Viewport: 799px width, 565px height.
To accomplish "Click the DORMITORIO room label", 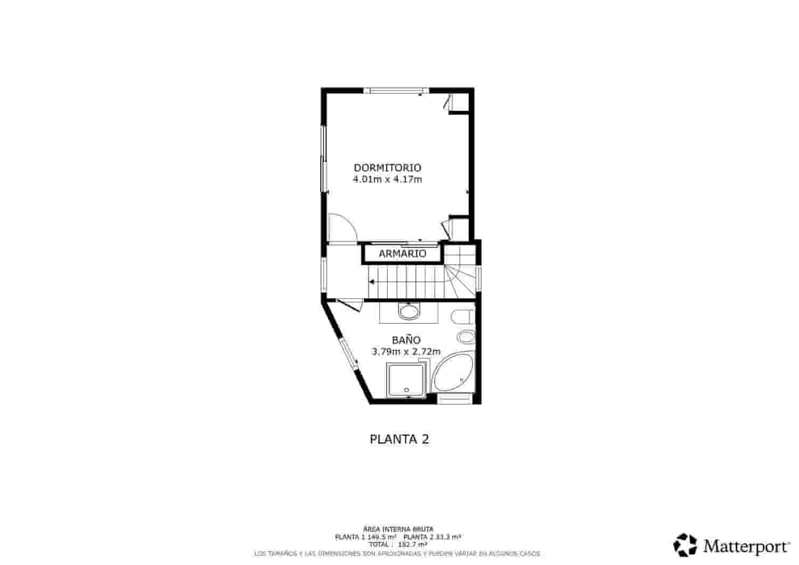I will (387, 167).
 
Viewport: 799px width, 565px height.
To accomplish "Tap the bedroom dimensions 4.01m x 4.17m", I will (387, 179).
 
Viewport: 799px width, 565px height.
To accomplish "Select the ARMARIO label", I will (403, 253).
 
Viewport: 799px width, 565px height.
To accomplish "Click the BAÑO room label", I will (406, 340).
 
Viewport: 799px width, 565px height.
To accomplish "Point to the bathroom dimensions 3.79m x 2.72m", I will (406, 351).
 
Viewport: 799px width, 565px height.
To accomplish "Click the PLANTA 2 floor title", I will (399, 439).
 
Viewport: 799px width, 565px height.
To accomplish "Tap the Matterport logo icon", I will (685, 545).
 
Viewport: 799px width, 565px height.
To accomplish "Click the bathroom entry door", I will (346, 304).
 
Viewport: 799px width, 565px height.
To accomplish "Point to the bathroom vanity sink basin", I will (409, 312).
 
